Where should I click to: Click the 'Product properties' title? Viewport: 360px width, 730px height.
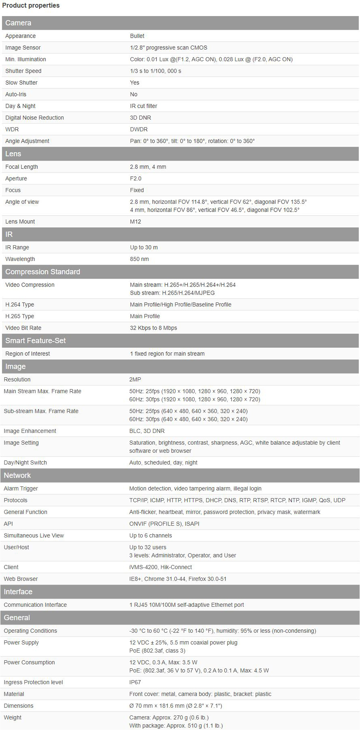pos(31,5)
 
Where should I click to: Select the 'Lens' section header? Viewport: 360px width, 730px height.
pos(13,154)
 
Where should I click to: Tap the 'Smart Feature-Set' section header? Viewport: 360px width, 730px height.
pos(35,340)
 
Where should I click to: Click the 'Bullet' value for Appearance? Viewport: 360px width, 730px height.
pos(137,36)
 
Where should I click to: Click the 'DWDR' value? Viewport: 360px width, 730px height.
pos(139,129)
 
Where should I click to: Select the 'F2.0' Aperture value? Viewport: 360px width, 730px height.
pos(135,178)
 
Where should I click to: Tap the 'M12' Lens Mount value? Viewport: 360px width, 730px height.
pos(135,221)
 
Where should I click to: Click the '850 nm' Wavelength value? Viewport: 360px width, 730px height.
pos(139,259)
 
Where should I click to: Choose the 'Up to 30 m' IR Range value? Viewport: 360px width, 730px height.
pos(144,247)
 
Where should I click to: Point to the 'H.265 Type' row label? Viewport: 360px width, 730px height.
pos(19,316)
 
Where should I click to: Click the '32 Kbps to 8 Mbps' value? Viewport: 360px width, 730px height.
pos(153,328)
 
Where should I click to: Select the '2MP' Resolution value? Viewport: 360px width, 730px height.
pos(135,379)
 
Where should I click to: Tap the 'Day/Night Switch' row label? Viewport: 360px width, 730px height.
pos(25,462)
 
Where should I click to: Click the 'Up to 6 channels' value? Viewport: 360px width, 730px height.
pos(150,535)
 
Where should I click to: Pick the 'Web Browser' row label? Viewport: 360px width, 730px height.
pos(21,579)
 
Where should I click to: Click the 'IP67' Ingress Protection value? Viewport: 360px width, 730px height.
pos(135,682)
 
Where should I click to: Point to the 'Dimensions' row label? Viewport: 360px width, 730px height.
pos(19,706)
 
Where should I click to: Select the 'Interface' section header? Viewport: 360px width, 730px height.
pos(18,592)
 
